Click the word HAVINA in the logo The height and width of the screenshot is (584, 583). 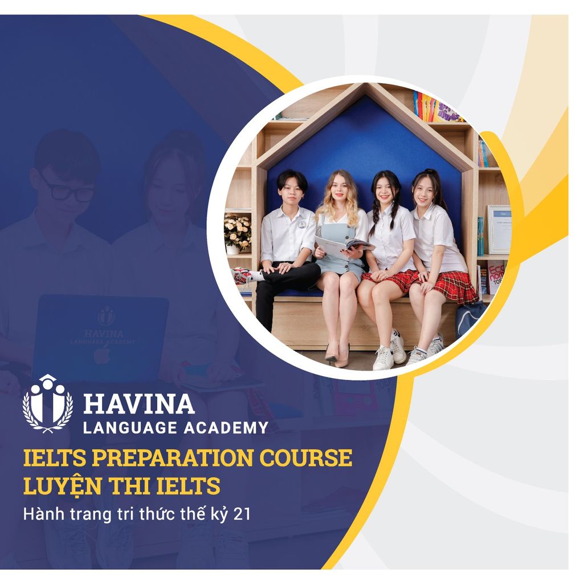tap(138, 404)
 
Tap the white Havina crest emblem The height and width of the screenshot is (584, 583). tap(47, 403)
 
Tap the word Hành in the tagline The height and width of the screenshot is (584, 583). tap(42, 513)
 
